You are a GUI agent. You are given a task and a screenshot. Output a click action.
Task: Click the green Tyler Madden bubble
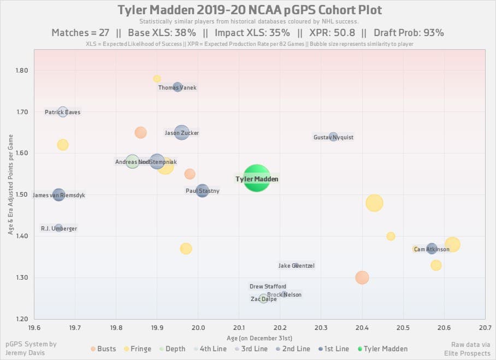257,179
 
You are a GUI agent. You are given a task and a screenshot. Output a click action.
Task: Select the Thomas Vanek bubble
178,87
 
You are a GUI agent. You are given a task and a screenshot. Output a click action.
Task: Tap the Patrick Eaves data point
63,112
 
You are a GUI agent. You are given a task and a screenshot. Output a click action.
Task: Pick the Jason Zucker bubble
182,132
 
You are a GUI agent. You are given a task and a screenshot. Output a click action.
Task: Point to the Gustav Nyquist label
333,137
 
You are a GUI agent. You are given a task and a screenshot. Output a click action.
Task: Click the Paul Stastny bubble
203,191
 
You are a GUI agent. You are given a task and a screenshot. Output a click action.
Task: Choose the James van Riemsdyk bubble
58,194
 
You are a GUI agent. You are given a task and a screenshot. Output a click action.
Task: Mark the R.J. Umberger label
59,228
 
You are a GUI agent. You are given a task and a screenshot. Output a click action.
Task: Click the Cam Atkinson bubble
432,249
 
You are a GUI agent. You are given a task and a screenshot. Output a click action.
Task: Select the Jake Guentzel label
297,266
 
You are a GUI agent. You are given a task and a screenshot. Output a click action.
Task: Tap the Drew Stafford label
268,286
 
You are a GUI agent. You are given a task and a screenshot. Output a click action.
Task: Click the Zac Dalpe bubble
264,299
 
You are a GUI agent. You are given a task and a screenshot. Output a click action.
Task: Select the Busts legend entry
103,349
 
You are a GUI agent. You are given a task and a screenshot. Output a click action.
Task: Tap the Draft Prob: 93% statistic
409,33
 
